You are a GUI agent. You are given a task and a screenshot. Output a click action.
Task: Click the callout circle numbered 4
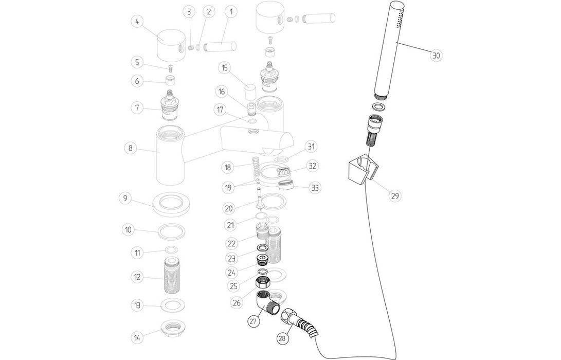click(137, 22)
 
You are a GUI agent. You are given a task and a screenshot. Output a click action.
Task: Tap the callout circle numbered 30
click(436, 56)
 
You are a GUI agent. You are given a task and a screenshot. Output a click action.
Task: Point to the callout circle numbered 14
click(137, 338)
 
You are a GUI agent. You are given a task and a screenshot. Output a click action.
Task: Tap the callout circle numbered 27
click(253, 321)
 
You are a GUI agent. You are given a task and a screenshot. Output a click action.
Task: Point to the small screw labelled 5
click(169, 67)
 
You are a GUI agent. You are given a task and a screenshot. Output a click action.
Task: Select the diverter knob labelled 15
click(250, 92)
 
